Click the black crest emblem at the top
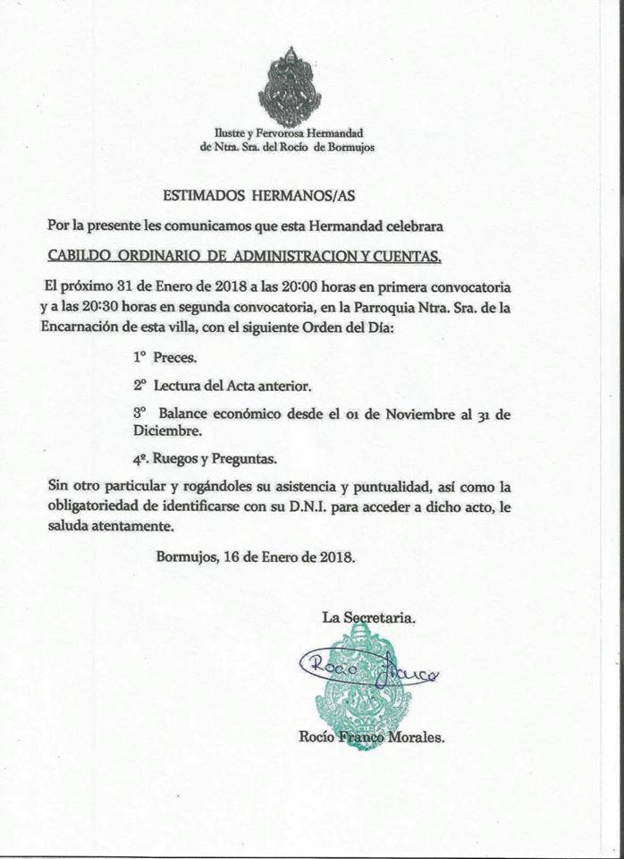pos(289,86)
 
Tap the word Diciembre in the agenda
pos(167,430)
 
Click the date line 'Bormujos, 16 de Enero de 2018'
pos(256,556)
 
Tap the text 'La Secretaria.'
pos(368,617)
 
